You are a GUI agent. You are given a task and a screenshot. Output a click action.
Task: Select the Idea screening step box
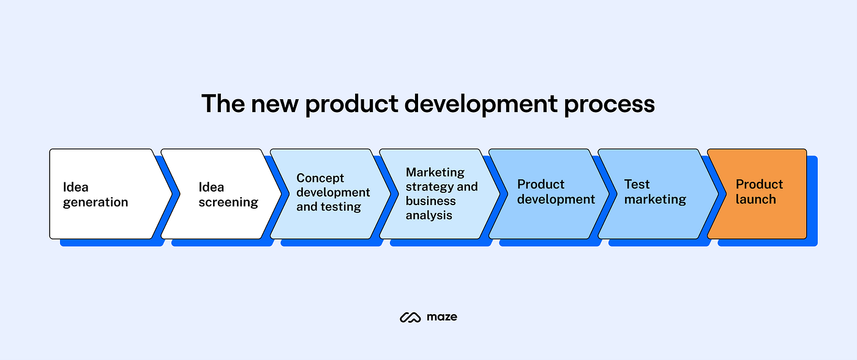pyautogui.click(x=217, y=194)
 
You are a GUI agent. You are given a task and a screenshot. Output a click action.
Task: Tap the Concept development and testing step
pyautogui.click(x=327, y=194)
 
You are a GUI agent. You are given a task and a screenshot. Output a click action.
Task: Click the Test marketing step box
pyautogui.click(x=655, y=194)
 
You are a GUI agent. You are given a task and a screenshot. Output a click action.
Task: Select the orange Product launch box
pyautogui.click(x=757, y=194)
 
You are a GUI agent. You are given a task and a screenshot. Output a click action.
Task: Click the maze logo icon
pyautogui.click(x=409, y=317)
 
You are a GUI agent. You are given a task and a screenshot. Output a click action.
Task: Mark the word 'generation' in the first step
pyautogui.click(x=95, y=203)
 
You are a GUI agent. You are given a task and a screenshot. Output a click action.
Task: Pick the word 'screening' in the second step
pyautogui.click(x=228, y=203)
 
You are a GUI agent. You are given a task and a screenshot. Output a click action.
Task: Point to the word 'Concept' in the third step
pyautogui.click(x=320, y=178)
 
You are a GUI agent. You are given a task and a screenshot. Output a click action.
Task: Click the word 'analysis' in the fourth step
pyautogui.click(x=428, y=216)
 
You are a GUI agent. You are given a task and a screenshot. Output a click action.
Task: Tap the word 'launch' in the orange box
pyautogui.click(x=755, y=200)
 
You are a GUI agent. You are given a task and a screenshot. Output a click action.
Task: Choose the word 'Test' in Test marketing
pyautogui.click(x=637, y=184)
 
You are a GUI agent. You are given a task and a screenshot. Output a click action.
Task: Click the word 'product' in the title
pyautogui.click(x=353, y=105)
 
